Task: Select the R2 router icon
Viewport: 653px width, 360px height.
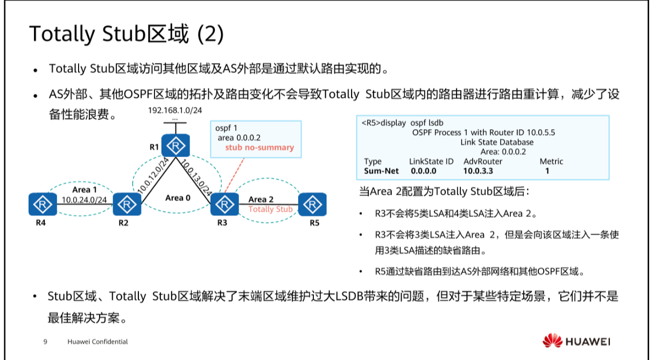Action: coord(128,204)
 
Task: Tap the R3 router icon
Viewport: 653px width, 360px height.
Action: coord(221,204)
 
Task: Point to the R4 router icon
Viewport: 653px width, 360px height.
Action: coord(40,204)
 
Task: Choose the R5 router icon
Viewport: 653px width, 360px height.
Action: coord(311,204)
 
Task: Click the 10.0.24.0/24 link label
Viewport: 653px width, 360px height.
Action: coord(84,200)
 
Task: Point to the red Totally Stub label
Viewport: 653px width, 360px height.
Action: coord(271,209)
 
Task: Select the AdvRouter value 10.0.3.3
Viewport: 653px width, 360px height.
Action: coord(478,171)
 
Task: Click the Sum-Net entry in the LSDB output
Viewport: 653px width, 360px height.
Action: coord(380,171)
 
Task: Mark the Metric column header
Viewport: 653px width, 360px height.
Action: coord(551,161)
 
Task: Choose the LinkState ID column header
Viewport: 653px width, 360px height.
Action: coord(431,161)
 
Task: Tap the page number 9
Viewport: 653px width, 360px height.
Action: coord(45,342)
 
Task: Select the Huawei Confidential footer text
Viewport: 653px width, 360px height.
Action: coord(98,342)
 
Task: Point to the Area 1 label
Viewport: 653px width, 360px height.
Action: coord(85,190)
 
